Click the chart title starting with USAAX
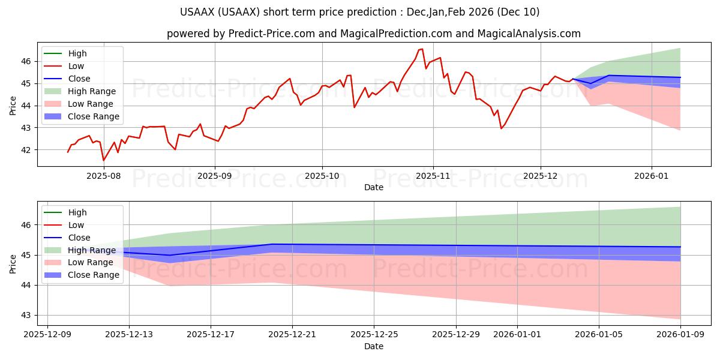pyautogui.click(x=360, y=12)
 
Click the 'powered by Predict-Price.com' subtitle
pyautogui.click(x=373, y=34)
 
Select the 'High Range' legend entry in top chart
pyautogui.click(x=92, y=91)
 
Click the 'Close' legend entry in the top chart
pyautogui.click(x=79, y=79)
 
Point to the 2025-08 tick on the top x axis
pyautogui.click(x=104, y=175)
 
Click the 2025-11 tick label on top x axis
pyautogui.click(x=433, y=175)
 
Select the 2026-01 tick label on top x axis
pyautogui.click(x=652, y=175)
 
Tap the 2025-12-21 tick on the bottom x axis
pyautogui.click(x=292, y=335)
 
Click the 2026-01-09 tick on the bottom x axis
pyautogui.click(x=680, y=335)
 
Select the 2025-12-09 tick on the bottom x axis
pyautogui.click(x=47, y=335)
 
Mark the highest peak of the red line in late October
pyautogui.click(x=422, y=49)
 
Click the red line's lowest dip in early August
pyautogui.click(x=103, y=160)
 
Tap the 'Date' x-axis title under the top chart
pyautogui.click(x=373, y=187)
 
